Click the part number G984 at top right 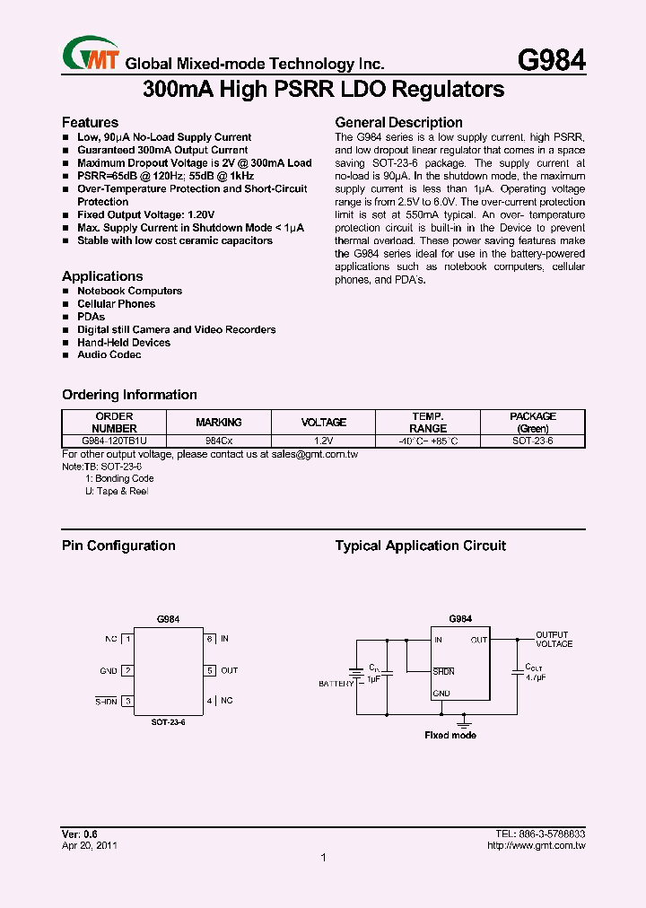[552, 60]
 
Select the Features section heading [90, 122]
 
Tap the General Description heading [398, 122]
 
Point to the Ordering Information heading [129, 395]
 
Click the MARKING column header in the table [218, 423]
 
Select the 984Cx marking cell [218, 441]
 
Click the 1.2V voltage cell [323, 441]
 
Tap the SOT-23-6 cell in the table [532, 441]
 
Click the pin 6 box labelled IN [209, 639]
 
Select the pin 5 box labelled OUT [209, 670]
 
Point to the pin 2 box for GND [128, 670]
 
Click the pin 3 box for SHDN [128, 701]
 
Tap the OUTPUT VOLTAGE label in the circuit [554, 640]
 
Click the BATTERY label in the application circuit [336, 684]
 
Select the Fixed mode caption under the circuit [450, 735]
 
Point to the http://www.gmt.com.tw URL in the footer [536, 845]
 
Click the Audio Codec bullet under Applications [109, 355]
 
